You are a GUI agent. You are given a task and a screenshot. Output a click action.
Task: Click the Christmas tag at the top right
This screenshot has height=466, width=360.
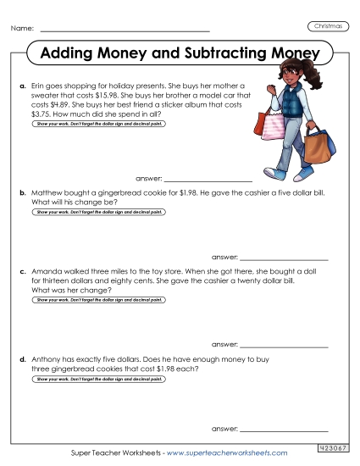coord(329,26)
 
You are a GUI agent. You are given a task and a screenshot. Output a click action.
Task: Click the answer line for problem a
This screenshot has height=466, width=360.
coord(208,180)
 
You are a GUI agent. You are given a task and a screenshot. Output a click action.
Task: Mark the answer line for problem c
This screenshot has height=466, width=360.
coord(284,345)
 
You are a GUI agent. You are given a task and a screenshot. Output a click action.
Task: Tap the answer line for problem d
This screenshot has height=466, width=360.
coord(284,430)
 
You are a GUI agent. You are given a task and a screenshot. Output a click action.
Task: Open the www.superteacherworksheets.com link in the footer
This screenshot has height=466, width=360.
coord(229,453)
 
